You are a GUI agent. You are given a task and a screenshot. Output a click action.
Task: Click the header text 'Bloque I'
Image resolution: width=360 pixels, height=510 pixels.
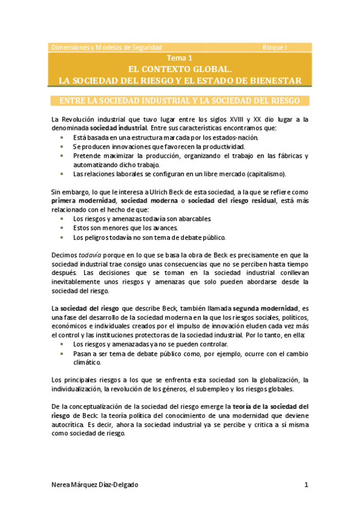tap(275, 46)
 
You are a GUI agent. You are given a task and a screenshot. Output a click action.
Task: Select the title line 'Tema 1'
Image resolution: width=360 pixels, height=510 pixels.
tap(180, 58)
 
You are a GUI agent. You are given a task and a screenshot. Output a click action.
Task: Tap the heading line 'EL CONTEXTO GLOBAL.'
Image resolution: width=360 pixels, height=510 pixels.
tap(180, 69)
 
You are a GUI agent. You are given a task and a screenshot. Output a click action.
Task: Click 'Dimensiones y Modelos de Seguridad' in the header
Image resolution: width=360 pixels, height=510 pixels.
tap(106, 46)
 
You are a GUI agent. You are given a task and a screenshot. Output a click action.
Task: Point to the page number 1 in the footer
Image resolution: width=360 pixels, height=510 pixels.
tap(306, 485)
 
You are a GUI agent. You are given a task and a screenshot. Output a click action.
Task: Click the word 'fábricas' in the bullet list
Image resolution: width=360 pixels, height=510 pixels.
tap(285, 155)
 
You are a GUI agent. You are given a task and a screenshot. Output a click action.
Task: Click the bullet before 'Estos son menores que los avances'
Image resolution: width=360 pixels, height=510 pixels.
tap(63, 228)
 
